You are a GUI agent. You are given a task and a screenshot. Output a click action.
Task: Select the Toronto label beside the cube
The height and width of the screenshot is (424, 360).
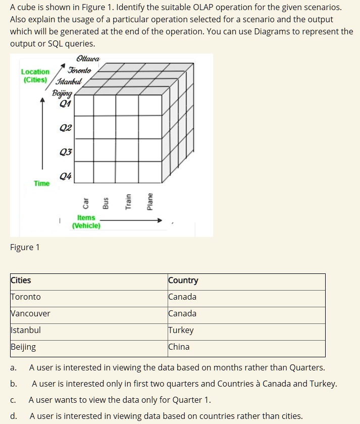click(x=79, y=70)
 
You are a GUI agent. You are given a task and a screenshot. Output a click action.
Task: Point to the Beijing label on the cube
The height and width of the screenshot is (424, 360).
click(x=62, y=93)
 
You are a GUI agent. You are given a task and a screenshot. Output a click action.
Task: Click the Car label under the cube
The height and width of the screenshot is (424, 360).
click(x=85, y=203)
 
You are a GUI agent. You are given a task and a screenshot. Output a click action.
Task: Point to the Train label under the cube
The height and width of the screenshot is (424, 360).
click(x=128, y=202)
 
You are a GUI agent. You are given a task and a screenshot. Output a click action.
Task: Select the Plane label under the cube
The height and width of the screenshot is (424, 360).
click(x=149, y=201)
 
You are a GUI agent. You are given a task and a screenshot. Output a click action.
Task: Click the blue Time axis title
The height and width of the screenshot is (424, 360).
click(x=41, y=183)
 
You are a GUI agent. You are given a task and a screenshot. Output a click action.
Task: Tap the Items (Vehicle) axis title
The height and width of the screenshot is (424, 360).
click(x=86, y=221)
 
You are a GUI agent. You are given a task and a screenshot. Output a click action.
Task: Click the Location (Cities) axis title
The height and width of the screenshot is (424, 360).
click(x=35, y=76)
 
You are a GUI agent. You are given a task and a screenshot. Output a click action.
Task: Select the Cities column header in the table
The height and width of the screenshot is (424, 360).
click(x=21, y=280)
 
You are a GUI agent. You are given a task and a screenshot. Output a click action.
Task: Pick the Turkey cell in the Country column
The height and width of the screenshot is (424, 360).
click(x=181, y=330)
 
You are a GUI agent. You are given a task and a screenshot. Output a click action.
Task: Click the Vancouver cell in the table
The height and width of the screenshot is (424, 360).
click(x=30, y=313)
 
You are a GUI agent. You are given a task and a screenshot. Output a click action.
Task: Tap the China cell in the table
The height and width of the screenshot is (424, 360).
click(x=179, y=347)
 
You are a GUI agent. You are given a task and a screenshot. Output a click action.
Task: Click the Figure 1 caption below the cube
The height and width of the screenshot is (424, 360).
click(x=25, y=247)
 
